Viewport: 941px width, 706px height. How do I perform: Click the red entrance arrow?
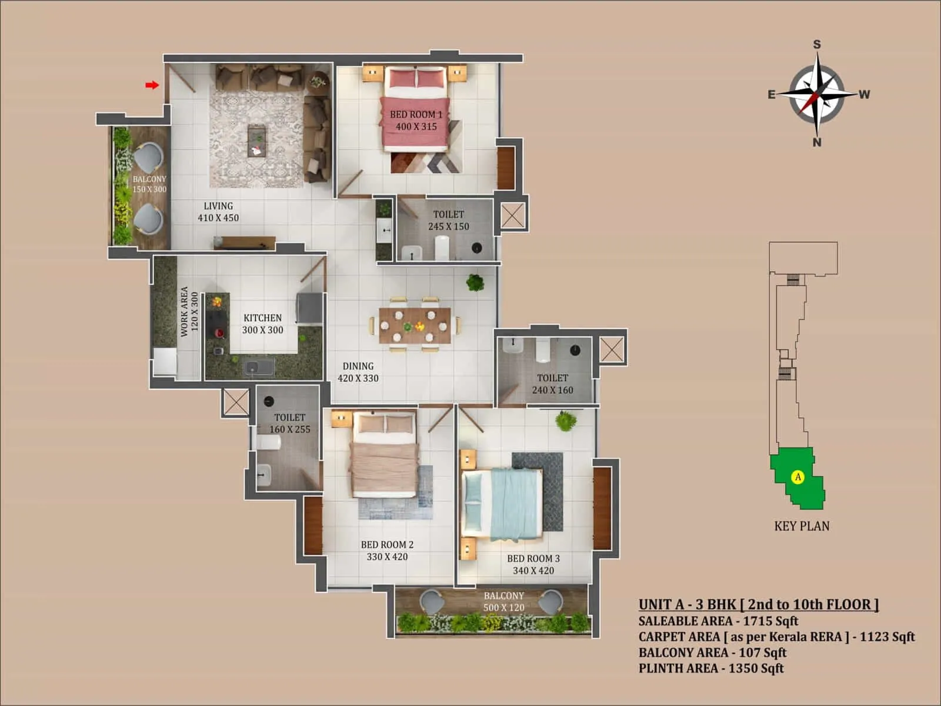click(x=152, y=85)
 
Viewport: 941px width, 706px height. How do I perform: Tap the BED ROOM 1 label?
click(x=416, y=120)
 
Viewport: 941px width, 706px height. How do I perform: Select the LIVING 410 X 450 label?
click(x=218, y=212)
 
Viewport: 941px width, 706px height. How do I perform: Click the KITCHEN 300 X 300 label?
click(x=262, y=324)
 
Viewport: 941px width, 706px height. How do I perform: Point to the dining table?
click(x=415, y=325)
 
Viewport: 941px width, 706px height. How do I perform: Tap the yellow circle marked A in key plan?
click(x=797, y=477)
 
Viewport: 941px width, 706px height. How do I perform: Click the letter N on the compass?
click(x=816, y=142)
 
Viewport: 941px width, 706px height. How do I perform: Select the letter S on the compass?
click(x=817, y=45)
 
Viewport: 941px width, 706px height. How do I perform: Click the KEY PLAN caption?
click(x=802, y=526)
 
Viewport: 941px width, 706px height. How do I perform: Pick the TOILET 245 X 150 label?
click(x=448, y=220)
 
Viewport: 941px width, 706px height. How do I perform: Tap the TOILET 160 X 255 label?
click(x=289, y=423)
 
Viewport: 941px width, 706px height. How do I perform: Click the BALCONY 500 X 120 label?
click(x=503, y=601)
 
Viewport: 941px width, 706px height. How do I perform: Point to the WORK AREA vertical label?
click(x=189, y=312)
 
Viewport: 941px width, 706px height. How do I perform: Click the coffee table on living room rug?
click(x=257, y=141)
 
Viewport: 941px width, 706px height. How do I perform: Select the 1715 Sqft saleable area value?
click(x=770, y=621)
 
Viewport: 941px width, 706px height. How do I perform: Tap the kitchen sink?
click(x=259, y=368)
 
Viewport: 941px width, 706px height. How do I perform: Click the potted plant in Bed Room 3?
click(x=566, y=421)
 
